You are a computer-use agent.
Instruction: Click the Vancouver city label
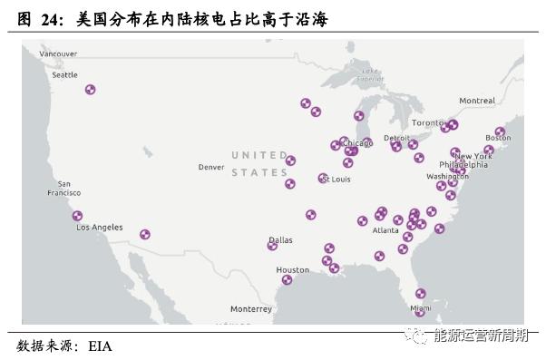point(58,54)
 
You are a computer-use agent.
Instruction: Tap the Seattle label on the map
point(64,75)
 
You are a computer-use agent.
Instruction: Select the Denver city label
point(210,167)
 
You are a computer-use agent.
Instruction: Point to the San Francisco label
point(63,188)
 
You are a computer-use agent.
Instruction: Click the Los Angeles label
point(100,227)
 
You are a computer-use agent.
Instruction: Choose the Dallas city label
point(280,239)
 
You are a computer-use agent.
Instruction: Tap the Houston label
point(292,270)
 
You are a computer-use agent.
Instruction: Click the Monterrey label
point(251,308)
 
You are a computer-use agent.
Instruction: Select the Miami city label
point(420,308)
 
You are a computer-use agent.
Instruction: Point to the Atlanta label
point(385,230)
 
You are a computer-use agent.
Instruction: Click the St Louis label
point(336,180)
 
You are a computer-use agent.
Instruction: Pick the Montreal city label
point(477,101)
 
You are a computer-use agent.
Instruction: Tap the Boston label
point(498,138)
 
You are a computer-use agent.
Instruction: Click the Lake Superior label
point(369,74)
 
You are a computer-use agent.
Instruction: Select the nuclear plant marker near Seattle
point(90,89)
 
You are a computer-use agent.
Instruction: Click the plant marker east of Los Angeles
point(145,234)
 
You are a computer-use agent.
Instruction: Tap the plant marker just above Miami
point(420,293)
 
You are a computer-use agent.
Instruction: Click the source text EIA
point(99,345)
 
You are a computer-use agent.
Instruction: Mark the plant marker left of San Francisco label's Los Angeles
point(77,216)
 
